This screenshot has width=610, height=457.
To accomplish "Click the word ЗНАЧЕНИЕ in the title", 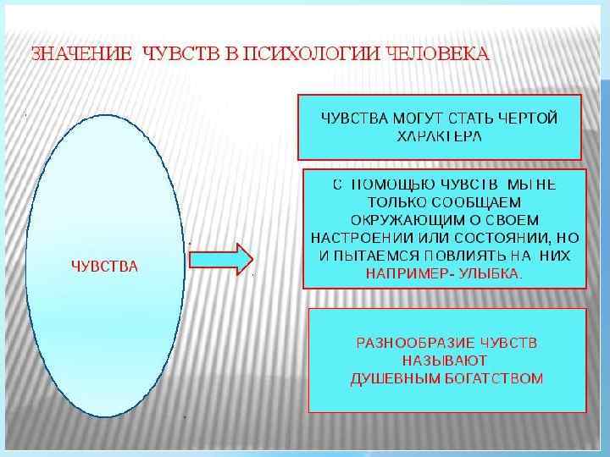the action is pyautogui.click(x=81, y=55).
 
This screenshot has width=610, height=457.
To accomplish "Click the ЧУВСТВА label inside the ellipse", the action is pyautogui.click(x=103, y=267).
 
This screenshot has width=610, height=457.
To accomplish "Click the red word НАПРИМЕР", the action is pyautogui.click(x=403, y=274).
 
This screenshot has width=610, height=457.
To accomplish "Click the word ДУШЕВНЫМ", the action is pyautogui.click(x=395, y=378).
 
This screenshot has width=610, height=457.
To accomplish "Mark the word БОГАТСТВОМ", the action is pyautogui.click(x=494, y=378).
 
